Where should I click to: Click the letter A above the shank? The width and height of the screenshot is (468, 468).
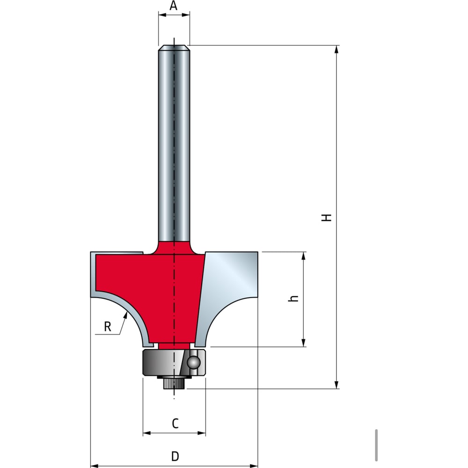[x=174, y=5]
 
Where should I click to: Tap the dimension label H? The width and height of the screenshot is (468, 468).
[x=327, y=217]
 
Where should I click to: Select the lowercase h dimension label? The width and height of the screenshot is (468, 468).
[x=293, y=298]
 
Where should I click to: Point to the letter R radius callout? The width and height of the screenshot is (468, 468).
[x=108, y=327]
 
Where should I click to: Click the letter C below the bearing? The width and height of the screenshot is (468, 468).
[x=175, y=423]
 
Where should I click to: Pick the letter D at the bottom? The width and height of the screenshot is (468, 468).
[x=175, y=456]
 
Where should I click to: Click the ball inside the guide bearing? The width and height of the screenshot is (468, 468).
[x=193, y=362]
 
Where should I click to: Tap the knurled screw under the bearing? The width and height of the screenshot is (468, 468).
[x=174, y=383]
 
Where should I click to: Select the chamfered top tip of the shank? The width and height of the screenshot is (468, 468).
[x=174, y=48]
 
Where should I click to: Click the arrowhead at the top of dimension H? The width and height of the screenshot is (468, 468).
[x=336, y=49]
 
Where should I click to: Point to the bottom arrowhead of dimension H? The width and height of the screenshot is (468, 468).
[x=336, y=385]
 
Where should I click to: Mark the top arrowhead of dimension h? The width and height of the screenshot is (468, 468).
[x=304, y=256]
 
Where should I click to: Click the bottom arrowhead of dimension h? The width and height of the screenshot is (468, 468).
[x=304, y=343]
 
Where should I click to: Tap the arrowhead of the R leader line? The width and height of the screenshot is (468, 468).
[x=125, y=315]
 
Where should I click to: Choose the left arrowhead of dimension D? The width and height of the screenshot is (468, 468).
[x=95, y=466]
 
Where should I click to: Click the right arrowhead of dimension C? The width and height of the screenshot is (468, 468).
[x=202, y=433]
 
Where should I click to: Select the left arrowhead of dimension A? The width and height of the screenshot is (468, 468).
[x=162, y=15]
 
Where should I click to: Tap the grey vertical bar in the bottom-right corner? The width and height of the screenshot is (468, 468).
[x=376, y=445]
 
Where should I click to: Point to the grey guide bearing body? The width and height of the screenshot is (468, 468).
[x=174, y=362]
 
